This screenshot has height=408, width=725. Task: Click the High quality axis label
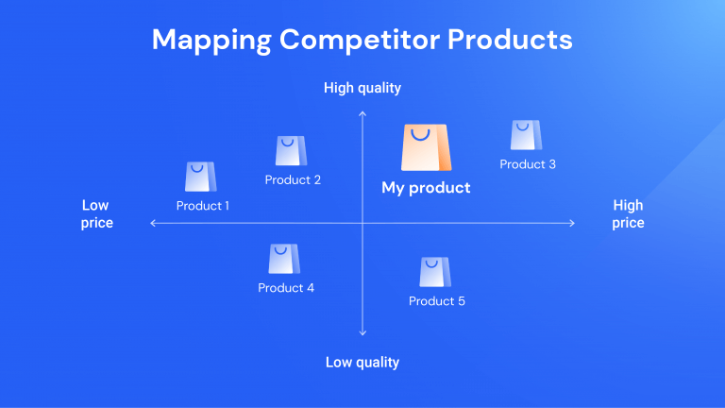click(x=362, y=88)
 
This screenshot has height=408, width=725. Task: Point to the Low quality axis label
click(x=362, y=362)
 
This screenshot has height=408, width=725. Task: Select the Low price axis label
click(x=96, y=214)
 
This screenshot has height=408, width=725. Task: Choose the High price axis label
click(x=628, y=214)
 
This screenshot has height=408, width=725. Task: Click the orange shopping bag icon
click(x=426, y=148)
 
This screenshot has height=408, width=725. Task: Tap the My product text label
click(x=426, y=188)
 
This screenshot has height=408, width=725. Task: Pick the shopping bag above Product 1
click(x=199, y=177)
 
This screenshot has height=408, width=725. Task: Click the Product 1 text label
click(x=203, y=205)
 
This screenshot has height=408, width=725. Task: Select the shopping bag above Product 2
click(x=291, y=151)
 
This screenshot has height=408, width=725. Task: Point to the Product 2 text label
click(x=293, y=179)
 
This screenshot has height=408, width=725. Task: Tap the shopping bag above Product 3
click(x=526, y=135)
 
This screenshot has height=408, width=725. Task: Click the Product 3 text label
click(x=528, y=164)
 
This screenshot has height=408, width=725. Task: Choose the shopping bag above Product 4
click(x=283, y=259)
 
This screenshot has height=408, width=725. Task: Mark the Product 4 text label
click(x=286, y=288)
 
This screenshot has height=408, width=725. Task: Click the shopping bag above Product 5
click(x=434, y=272)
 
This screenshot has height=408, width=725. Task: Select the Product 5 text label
click(x=437, y=301)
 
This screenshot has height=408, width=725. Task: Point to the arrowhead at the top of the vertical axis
click(x=362, y=113)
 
